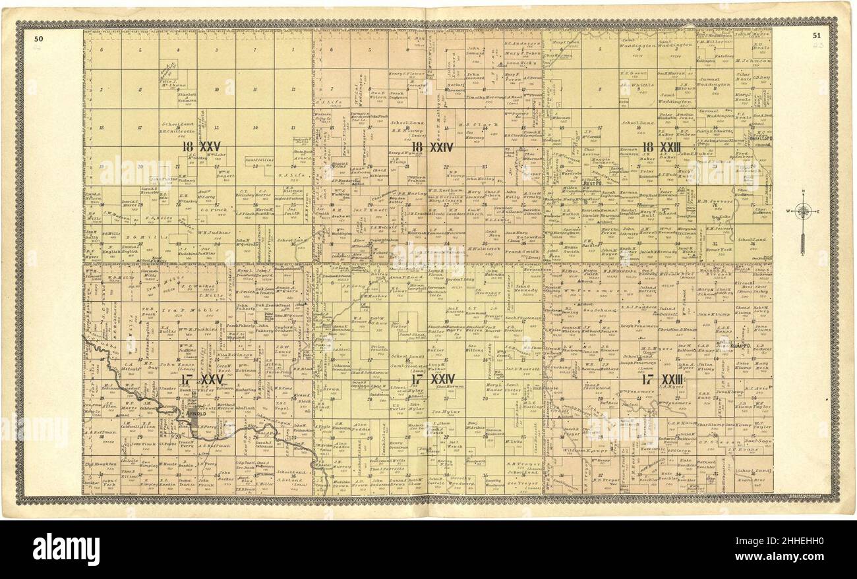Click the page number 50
38,38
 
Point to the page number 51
817,36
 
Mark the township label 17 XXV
202,380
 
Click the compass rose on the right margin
802,213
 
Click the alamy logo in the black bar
66,549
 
